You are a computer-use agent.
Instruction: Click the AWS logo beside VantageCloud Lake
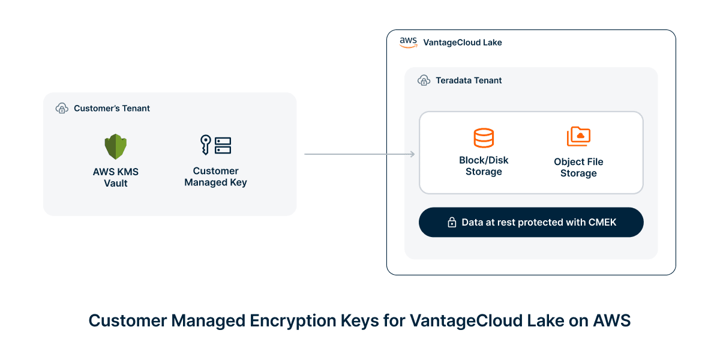[x=409, y=43]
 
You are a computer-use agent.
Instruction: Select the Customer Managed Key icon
[x=215, y=145]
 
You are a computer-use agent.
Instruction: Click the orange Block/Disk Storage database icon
[x=484, y=137]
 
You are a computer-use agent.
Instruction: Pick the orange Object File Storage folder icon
[x=578, y=137]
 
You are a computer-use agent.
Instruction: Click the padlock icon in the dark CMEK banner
[x=452, y=223]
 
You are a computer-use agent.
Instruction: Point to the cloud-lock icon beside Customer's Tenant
[x=62, y=109]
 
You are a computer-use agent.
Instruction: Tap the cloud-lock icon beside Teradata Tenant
[x=424, y=80]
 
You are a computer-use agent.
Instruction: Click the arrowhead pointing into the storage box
[x=412, y=154]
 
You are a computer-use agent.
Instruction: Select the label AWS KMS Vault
[x=115, y=177]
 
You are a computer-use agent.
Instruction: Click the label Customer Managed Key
[x=215, y=176]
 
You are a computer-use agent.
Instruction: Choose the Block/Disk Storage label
[x=484, y=166]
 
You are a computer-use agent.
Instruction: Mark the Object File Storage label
[x=578, y=167]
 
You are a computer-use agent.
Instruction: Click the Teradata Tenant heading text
[x=469, y=80]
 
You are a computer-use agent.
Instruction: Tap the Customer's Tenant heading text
[x=112, y=109]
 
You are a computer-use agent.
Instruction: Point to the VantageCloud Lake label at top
[x=463, y=43]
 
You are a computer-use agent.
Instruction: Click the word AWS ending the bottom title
[x=612, y=320]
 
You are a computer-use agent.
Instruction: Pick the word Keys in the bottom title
[x=360, y=320]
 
